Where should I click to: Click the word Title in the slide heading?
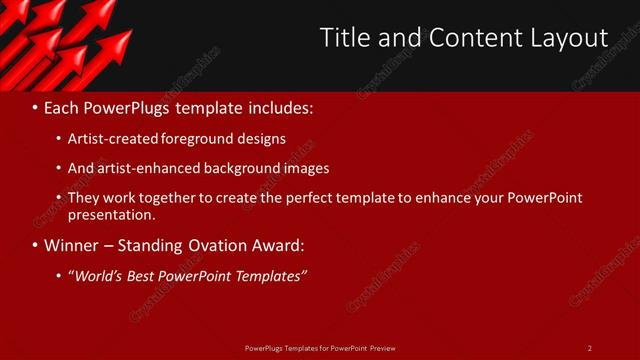pos(342,38)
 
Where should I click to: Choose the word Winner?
pos(72,245)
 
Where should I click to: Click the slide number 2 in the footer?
pos(590,348)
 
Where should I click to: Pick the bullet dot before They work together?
pos(60,198)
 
